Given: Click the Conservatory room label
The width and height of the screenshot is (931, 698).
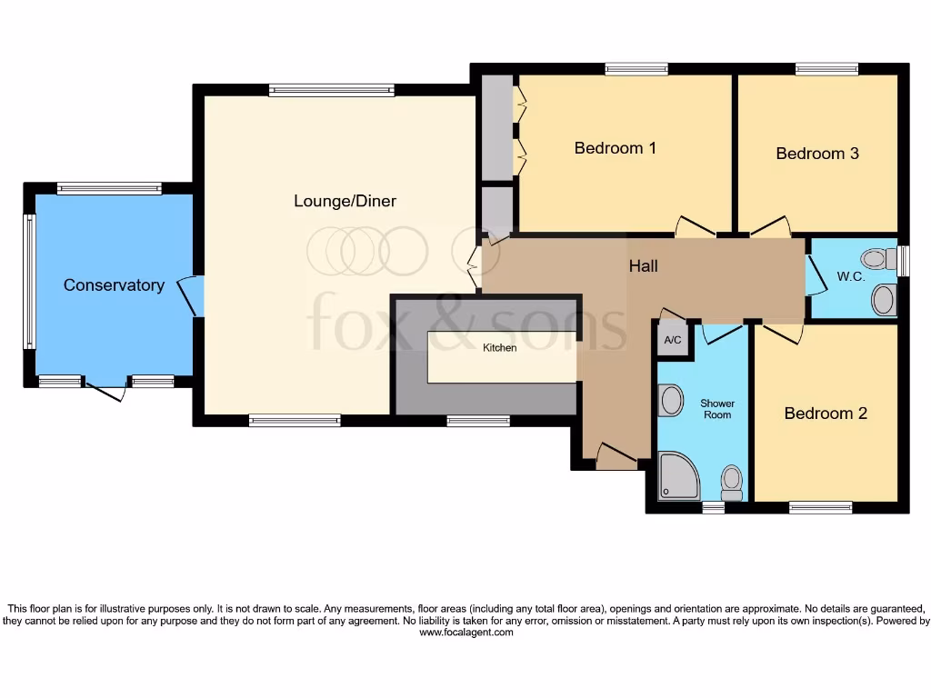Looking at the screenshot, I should [x=114, y=285].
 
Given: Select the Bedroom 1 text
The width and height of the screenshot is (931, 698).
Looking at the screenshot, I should [x=615, y=148].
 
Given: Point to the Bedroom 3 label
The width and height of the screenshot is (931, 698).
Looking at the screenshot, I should [x=816, y=154].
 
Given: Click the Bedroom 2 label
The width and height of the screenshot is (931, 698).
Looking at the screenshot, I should [x=826, y=414].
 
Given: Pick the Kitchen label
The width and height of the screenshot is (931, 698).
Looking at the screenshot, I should [x=499, y=348].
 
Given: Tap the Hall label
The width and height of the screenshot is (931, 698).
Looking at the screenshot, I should [x=643, y=266].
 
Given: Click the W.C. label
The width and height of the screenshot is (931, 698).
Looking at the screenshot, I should [x=850, y=276].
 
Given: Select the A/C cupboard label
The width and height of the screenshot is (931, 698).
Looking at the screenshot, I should [x=673, y=341].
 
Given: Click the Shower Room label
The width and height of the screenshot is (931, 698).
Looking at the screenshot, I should [x=716, y=409].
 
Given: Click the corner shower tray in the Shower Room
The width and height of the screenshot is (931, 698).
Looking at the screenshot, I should [x=677, y=476].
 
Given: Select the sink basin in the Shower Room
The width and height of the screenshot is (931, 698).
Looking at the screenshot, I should [x=671, y=400].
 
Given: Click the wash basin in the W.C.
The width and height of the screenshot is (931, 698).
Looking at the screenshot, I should [x=883, y=298].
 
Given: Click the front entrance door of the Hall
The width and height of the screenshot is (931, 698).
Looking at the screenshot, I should [x=616, y=455].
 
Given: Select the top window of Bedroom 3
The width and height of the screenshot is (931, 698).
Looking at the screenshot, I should [x=826, y=69].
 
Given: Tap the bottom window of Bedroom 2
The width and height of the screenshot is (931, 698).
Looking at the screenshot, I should [x=820, y=507].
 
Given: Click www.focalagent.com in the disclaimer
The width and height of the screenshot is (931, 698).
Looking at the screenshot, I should [x=465, y=633].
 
